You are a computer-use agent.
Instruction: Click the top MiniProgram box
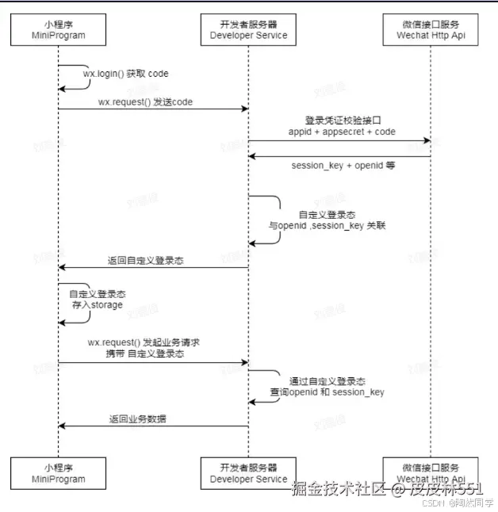point(59,29)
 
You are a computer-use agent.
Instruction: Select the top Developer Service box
point(249,29)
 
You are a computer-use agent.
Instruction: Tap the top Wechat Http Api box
point(431,29)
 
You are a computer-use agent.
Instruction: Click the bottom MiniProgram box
point(59,473)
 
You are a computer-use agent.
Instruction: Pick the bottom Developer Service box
point(249,473)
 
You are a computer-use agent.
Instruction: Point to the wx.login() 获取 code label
point(126,74)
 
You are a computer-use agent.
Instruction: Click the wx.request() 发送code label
point(145,102)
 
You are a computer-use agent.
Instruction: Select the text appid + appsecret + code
point(343,132)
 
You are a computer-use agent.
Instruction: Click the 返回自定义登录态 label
point(146,260)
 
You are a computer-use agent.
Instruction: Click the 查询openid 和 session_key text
point(328,392)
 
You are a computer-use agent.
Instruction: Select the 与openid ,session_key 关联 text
point(327,225)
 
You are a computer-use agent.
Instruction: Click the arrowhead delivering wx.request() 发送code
point(244,109)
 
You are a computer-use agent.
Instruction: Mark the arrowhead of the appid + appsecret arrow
point(426,141)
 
